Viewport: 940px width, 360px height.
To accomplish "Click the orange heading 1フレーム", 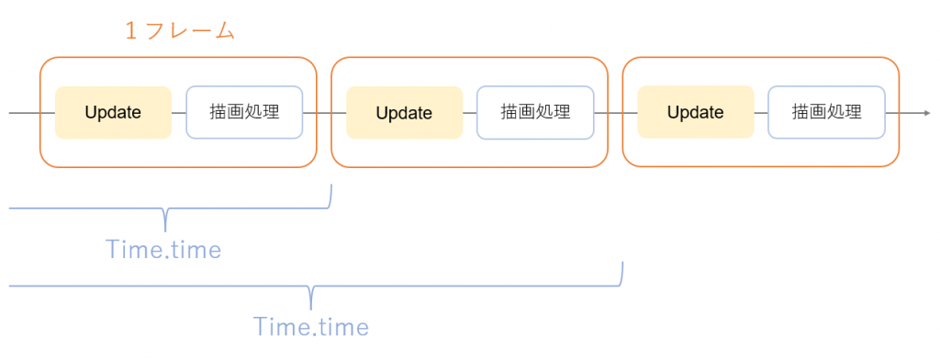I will pyautogui.click(x=180, y=31).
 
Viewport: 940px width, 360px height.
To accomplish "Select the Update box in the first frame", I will pyautogui.click(x=113, y=112).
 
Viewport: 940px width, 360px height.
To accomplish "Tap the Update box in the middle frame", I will pyautogui.click(x=404, y=113).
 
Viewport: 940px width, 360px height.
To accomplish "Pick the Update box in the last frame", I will pyautogui.click(x=695, y=112).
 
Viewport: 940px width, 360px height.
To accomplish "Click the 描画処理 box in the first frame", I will pyautogui.click(x=244, y=112).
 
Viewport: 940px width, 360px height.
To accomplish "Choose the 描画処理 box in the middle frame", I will pyautogui.click(x=535, y=112).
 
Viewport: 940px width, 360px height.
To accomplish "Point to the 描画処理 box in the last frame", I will pyautogui.click(x=826, y=112).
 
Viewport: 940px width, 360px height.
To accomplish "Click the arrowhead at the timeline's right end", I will pyautogui.click(x=924, y=113).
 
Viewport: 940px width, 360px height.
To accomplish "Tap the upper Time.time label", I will pyautogui.click(x=163, y=249).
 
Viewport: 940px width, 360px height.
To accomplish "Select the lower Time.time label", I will pyautogui.click(x=310, y=326).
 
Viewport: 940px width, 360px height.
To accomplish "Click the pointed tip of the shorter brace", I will pyautogui.click(x=165, y=229).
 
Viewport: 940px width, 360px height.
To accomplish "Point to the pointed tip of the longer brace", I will pyautogui.click(x=311, y=306).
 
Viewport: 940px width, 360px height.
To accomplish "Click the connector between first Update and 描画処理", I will pyautogui.click(x=179, y=113).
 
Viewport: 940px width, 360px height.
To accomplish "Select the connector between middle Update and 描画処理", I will pyautogui.click(x=469, y=113).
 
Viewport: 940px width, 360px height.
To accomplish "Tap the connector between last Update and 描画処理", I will pyautogui.click(x=761, y=113).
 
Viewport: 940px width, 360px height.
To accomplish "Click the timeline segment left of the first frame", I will pyautogui.click(x=24, y=113).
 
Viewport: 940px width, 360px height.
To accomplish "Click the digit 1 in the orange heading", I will pyautogui.click(x=131, y=31).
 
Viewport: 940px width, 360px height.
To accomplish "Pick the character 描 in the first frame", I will pyautogui.click(x=218, y=112).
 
